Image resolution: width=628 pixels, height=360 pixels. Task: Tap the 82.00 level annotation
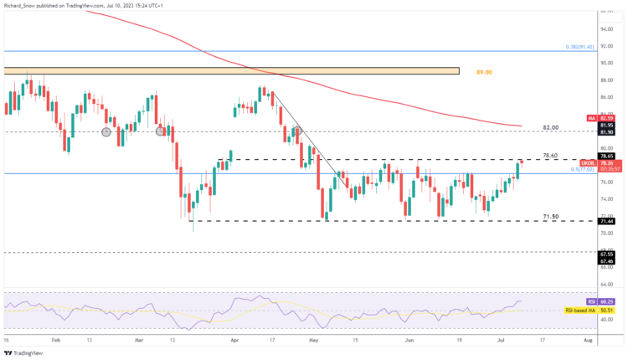tap(550, 127)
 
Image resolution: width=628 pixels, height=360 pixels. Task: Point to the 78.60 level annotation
tap(550, 155)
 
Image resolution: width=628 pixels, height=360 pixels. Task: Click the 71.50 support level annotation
tap(550, 216)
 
